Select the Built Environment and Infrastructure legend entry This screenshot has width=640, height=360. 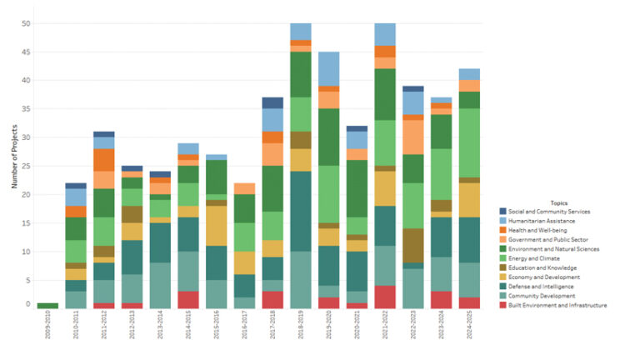click(x=559, y=305)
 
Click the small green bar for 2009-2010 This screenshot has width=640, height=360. click(x=47, y=306)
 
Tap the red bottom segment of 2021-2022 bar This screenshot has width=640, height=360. click(x=385, y=297)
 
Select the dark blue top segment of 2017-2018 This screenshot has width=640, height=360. click(x=272, y=102)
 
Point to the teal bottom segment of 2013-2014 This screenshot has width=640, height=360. click(x=160, y=285)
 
